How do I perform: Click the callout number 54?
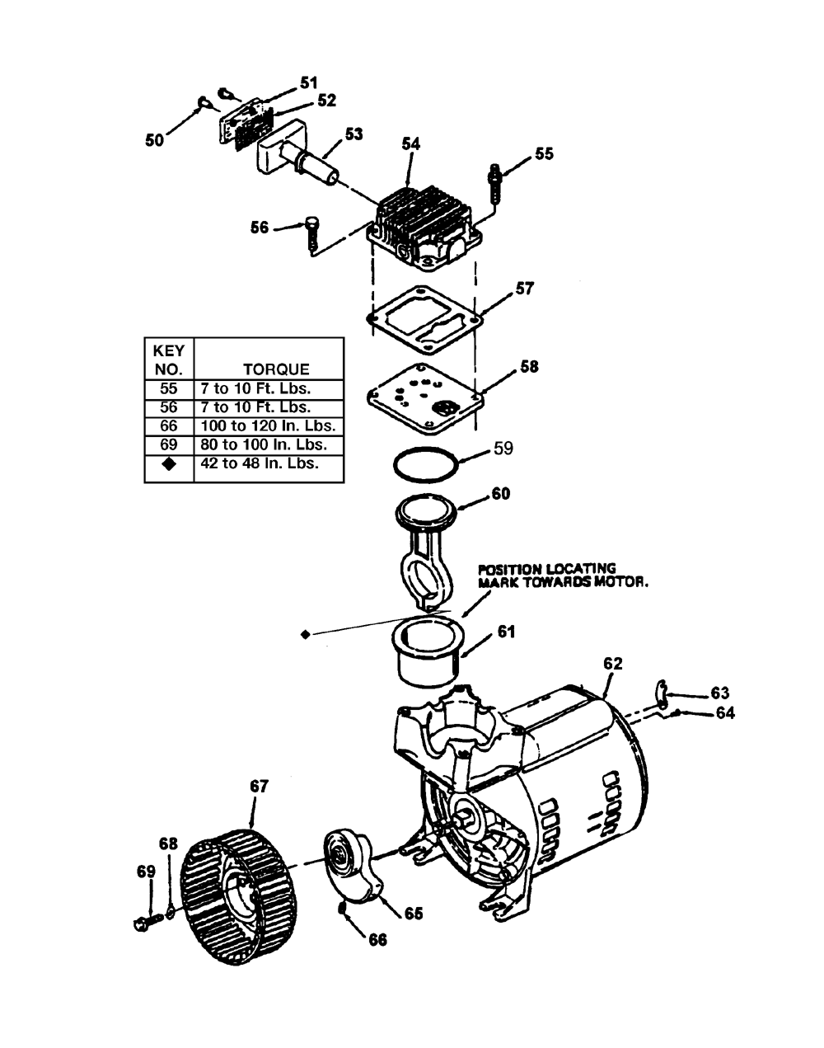(x=411, y=143)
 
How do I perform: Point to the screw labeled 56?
(x=311, y=236)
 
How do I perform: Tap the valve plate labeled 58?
(x=424, y=398)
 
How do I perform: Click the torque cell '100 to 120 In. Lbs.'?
(x=268, y=425)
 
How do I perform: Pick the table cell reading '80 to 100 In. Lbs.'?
(x=264, y=444)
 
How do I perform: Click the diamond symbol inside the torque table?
(x=169, y=464)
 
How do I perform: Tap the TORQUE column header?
(x=276, y=369)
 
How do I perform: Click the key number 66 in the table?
(x=168, y=425)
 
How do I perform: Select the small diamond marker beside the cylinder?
(x=306, y=634)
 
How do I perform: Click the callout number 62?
(x=613, y=663)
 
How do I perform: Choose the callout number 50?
(x=154, y=140)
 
